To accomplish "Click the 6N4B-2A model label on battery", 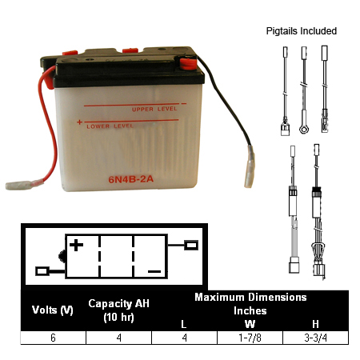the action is [x=130, y=179].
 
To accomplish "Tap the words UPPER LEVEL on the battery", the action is [x=154, y=109].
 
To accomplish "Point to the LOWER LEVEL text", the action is [x=110, y=126].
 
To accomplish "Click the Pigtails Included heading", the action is [x=302, y=31].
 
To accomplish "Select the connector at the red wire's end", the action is [x=18, y=185].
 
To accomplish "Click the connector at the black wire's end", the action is [x=249, y=166].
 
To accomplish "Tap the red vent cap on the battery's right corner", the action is [x=188, y=64].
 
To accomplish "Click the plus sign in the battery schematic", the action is [x=76, y=245].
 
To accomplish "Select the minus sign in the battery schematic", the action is [x=154, y=271].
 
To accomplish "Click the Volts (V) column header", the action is [x=53, y=310].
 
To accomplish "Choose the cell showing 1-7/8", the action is [x=250, y=338].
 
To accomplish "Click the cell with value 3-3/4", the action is [x=316, y=338].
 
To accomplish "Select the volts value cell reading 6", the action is [x=53, y=338].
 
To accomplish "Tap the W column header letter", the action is [x=250, y=324].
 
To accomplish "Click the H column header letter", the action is [x=316, y=324].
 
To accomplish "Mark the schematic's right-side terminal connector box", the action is [x=191, y=245].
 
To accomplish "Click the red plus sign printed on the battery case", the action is [x=79, y=122].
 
